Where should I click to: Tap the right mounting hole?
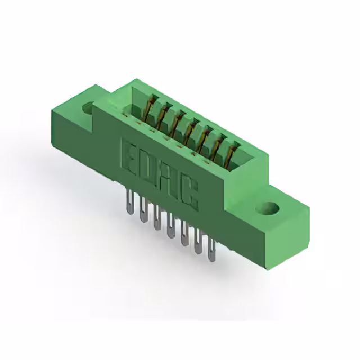pos(268,209)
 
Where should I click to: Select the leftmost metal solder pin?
pos(130,201)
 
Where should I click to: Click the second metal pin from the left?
pos(143,209)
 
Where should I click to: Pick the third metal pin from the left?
pos(157,217)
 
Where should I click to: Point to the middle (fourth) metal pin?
pos(170,225)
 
